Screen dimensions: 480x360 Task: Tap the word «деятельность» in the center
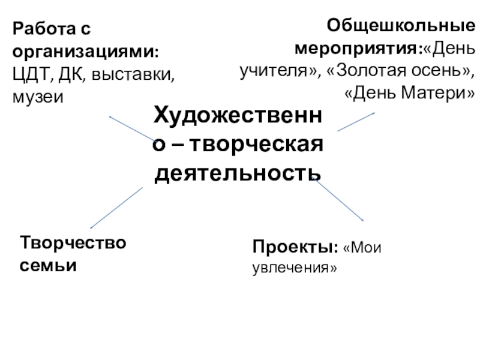coord(239,174)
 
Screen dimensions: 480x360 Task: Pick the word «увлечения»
coord(294,268)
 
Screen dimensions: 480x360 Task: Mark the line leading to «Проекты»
coord(339,200)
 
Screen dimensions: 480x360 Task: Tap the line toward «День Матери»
coord(356,122)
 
